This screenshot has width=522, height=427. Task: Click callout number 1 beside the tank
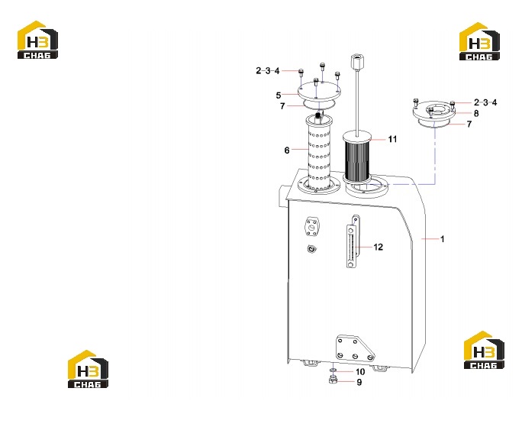coord(442,239)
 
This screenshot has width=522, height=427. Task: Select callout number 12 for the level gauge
coord(379,247)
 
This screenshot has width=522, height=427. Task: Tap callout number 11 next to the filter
coord(392,139)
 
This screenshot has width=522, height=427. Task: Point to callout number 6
coord(287,150)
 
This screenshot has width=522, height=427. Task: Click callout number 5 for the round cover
coord(279,95)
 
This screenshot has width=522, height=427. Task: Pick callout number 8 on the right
coord(476,113)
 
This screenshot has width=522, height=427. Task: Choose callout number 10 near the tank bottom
coord(360,372)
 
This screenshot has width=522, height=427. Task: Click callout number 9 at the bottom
coord(359,383)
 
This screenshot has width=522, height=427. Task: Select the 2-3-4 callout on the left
coord(268,71)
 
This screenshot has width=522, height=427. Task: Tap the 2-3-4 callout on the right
coord(485,102)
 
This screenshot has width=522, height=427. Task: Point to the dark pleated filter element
coord(357,157)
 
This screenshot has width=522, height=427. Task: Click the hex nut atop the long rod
coord(356,62)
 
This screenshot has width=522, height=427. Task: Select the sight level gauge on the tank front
coord(353,241)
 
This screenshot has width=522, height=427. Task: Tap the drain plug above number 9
coord(333,379)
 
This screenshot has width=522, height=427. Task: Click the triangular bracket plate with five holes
coord(354,348)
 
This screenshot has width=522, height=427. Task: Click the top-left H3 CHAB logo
coord(37,40)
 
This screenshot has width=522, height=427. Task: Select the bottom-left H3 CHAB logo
coord(89,369)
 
